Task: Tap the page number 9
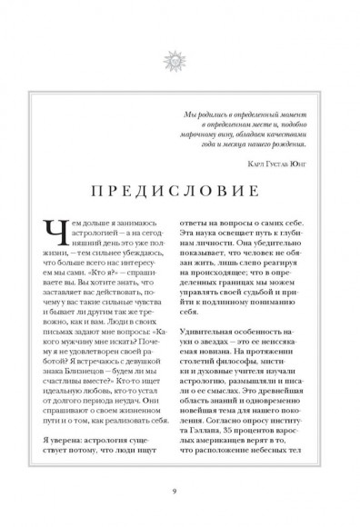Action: (x=180, y=492)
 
